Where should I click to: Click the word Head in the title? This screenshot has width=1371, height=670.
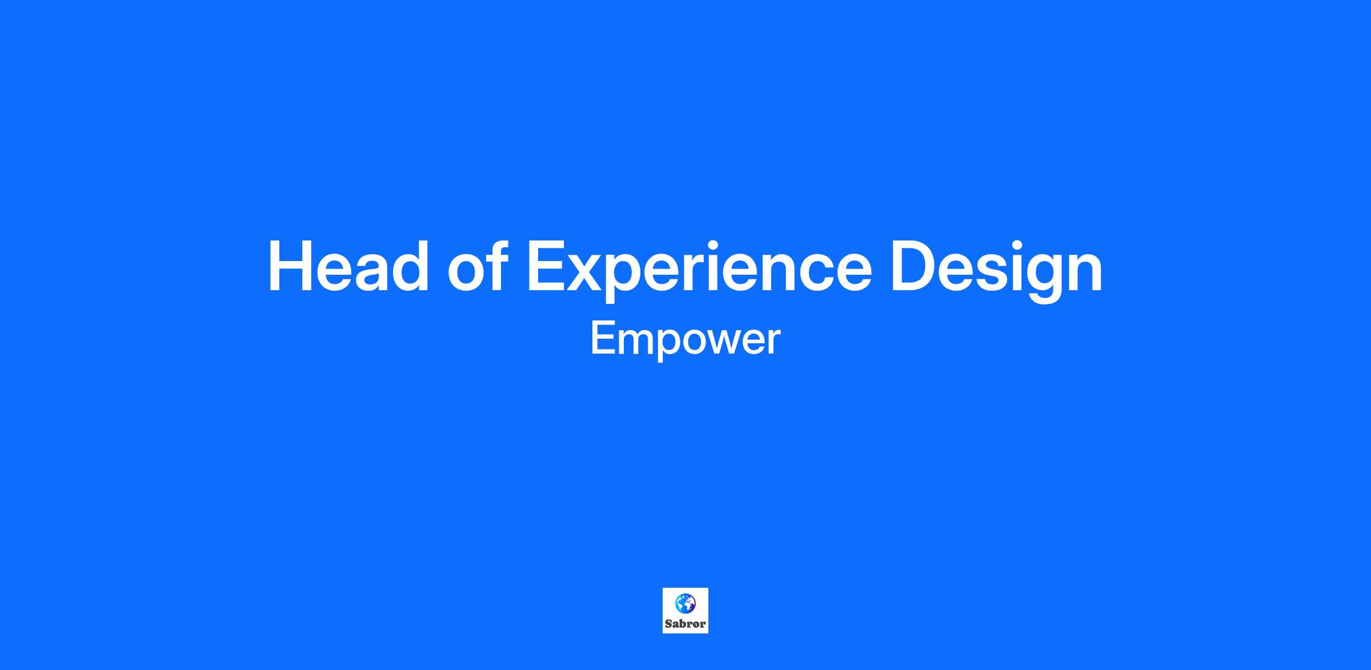click(x=348, y=266)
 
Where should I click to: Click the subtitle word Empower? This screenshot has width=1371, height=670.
click(x=685, y=340)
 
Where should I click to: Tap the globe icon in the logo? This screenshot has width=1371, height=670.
click(x=685, y=603)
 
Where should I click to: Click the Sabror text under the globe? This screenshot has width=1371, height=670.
click(x=685, y=624)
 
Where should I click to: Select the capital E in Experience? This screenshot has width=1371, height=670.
click(x=548, y=266)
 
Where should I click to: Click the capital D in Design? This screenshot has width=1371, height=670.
click(x=916, y=266)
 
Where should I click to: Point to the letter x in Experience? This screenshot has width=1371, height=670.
click(x=592, y=273)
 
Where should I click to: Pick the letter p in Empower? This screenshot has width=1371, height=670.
click(x=664, y=346)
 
